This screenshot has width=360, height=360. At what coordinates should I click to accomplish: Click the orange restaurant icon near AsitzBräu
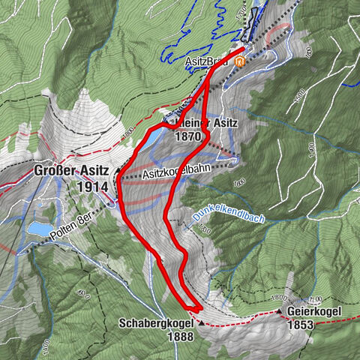239,63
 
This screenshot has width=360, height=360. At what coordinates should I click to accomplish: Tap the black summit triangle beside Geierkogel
280,310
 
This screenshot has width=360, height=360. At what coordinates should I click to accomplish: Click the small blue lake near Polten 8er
37,226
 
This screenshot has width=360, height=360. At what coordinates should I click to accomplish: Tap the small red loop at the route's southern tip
194,307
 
